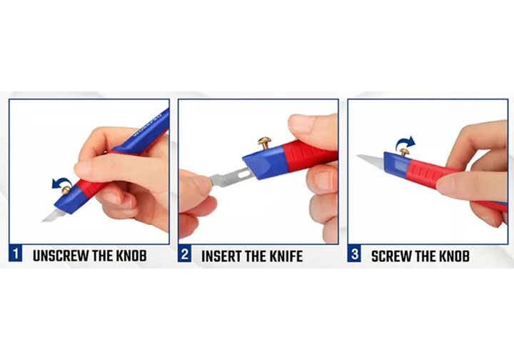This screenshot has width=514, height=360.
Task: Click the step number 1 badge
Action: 16,254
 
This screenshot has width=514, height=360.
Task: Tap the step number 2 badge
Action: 185,254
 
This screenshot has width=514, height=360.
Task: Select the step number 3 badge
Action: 354,254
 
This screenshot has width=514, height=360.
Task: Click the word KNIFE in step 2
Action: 286,256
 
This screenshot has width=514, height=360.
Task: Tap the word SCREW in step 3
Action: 390,256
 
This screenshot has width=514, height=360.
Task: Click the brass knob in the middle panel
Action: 264,143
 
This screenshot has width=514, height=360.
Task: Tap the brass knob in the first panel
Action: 66,190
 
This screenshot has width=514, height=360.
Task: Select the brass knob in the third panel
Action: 405,152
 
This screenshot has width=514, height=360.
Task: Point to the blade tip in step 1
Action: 43,221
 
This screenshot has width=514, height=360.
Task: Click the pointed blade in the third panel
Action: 371,160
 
